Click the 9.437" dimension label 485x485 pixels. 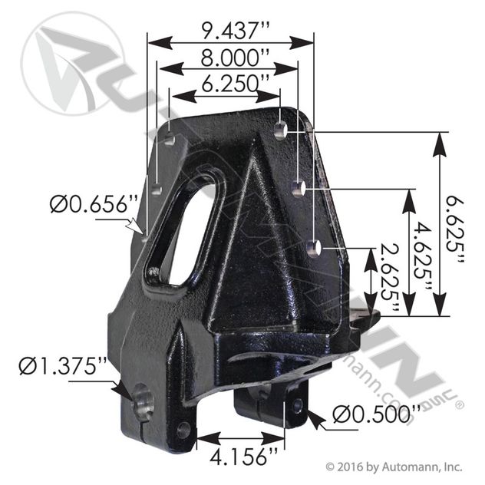click(236, 31)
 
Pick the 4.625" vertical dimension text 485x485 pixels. click(423, 256)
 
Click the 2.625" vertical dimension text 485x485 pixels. click(389, 278)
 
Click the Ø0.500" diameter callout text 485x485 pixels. click(377, 414)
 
